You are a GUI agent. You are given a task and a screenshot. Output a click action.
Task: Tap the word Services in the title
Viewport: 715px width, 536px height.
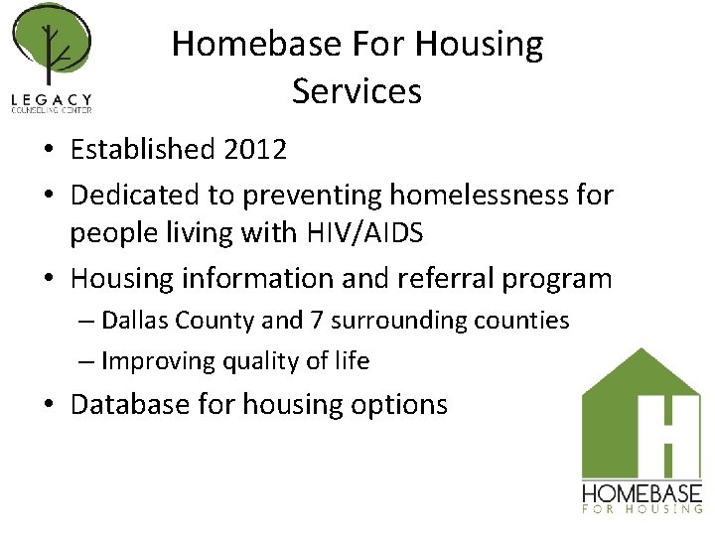[357, 91]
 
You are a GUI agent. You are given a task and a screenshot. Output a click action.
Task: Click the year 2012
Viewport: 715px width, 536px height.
[255, 150]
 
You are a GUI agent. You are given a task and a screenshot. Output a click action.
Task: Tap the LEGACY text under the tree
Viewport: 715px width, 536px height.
[52, 98]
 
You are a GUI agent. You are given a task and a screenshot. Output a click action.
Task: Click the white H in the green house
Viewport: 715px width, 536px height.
[666, 430]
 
